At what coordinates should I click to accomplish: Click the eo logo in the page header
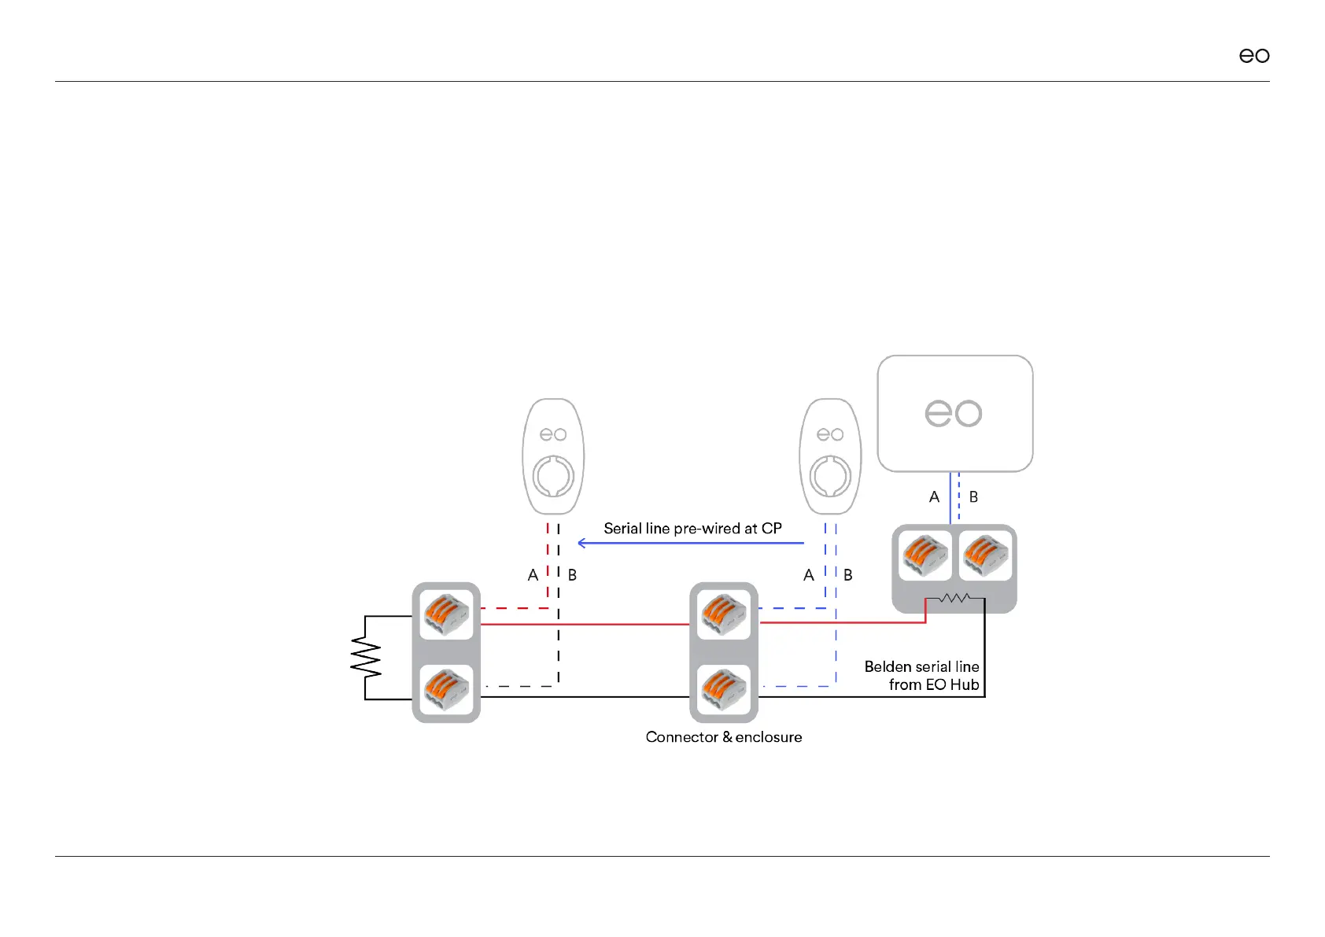[x=1253, y=55]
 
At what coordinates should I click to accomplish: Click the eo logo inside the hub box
[x=953, y=413]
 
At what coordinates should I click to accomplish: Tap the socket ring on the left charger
[x=553, y=476]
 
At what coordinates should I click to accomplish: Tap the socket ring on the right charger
[x=830, y=476]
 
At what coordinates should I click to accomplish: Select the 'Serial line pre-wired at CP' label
[x=692, y=529]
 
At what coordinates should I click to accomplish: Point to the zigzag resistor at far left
[x=366, y=658]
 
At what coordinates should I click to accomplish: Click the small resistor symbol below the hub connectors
[x=954, y=599]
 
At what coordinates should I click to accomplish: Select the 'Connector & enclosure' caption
[x=724, y=737]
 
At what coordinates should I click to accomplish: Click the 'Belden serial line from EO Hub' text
[x=922, y=676]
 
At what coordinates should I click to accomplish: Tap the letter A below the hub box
[x=934, y=497]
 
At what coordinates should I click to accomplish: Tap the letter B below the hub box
[x=973, y=497]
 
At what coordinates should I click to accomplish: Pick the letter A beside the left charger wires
[x=533, y=575]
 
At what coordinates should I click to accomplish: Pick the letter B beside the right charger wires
[x=847, y=575]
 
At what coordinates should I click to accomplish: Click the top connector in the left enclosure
[x=446, y=614]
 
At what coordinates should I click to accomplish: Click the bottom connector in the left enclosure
[x=446, y=689]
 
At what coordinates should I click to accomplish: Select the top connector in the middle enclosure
[x=723, y=614]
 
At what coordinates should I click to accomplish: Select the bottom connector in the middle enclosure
[x=723, y=689]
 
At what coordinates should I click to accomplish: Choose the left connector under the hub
[x=925, y=555]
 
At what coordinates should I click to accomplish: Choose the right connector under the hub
[x=985, y=555]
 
